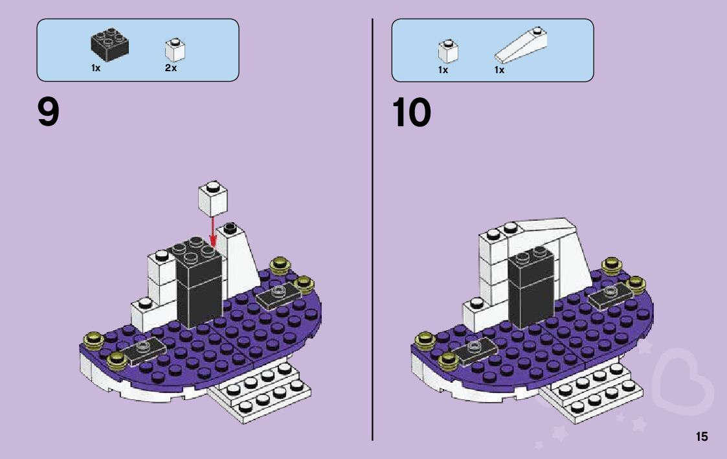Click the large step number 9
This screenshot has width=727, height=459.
coord(49,113)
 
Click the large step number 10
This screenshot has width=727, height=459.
coord(412,113)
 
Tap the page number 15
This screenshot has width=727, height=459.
coord(702,437)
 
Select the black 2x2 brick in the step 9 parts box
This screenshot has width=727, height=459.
coord(109,44)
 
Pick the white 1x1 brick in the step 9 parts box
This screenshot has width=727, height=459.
coord(175,49)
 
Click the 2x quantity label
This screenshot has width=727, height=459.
coord(171,68)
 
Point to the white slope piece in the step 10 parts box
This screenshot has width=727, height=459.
coord(520,45)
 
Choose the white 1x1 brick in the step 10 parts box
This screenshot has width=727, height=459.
coord(447,50)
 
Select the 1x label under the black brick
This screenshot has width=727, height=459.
coord(96,68)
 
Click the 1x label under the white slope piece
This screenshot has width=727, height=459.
coord(499,70)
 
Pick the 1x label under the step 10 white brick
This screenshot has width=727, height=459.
coord(443,70)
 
